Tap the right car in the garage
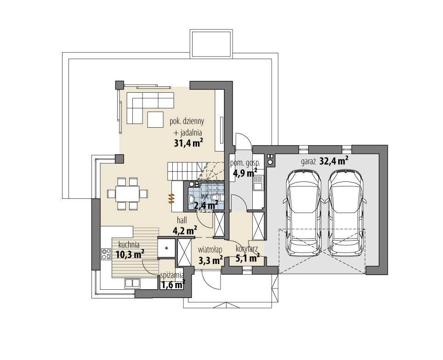coord(345,212)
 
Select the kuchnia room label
coord(129,245)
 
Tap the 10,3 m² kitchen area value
coord(130,253)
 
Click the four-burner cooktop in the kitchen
coord(106,254)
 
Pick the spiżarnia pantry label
coord(172,276)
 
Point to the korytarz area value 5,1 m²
coord(247,259)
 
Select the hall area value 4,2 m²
coord(185,230)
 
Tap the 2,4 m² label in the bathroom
coord(205,205)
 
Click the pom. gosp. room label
coord(245,163)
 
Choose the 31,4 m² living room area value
coord(189,143)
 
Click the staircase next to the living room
coord(184,171)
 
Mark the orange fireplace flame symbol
coord(171,198)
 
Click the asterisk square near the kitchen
coord(166,248)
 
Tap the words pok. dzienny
coord(187,122)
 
